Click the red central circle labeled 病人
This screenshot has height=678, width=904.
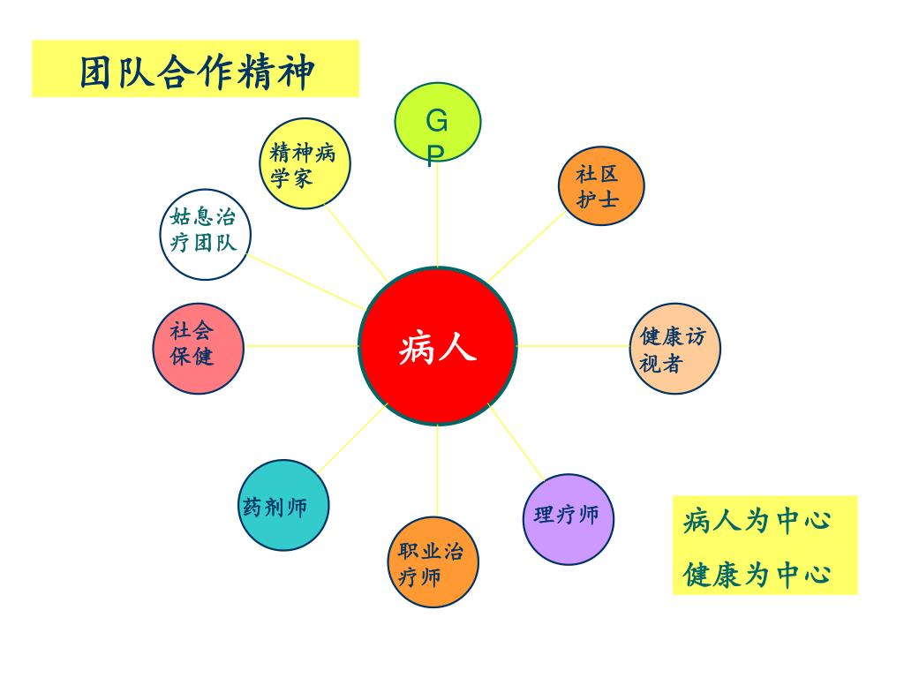(438, 346)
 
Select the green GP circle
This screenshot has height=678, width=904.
(437, 124)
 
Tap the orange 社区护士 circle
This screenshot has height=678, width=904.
(601, 186)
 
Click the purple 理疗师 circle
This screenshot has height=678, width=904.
(568, 519)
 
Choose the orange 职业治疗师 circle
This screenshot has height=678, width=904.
(433, 562)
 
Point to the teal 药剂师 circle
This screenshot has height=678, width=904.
(283, 505)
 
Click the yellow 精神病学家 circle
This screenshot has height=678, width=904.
(305, 164)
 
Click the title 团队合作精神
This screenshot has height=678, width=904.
(196, 71)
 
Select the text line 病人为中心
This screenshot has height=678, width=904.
(757, 520)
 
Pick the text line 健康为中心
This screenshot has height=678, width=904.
(757, 575)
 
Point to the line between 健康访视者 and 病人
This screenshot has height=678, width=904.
(574, 346)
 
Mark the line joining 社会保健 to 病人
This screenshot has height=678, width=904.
(300, 346)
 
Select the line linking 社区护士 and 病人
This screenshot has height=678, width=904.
(526, 246)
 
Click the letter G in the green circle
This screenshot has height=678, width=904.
(437, 118)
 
